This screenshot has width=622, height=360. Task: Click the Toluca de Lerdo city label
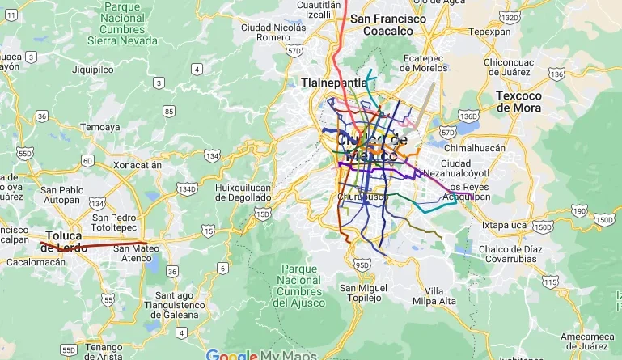tap(63, 241)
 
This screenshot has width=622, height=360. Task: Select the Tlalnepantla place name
tap(333, 83)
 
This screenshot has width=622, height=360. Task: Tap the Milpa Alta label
tap(434, 296)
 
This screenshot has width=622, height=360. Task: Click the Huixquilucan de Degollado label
tap(243, 192)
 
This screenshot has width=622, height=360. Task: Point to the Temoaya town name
tap(99, 127)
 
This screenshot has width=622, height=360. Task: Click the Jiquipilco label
tap(92, 70)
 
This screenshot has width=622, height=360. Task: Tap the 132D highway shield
tap(510, 17)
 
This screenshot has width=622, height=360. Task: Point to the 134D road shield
tap(187, 188)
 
